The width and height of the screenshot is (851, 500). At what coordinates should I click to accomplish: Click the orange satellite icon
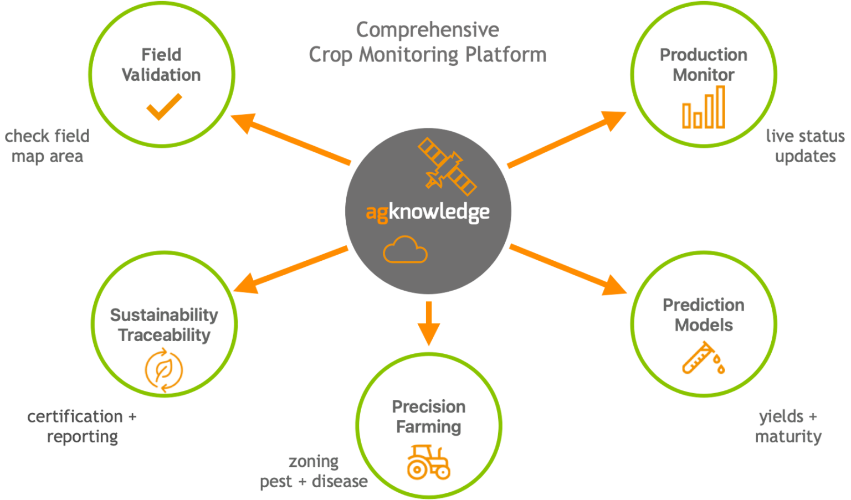[x=447, y=166]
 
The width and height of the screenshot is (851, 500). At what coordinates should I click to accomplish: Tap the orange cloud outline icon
[x=405, y=250]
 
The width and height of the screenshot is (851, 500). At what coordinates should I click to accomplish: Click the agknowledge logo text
[x=428, y=212]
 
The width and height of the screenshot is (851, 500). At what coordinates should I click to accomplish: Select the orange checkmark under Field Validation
[x=164, y=106]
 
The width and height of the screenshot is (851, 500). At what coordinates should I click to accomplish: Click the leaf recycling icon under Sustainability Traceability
[x=164, y=369]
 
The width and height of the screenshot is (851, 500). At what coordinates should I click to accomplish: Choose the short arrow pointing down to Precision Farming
[x=428, y=323]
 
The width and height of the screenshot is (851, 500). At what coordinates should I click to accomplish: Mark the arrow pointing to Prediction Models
[x=567, y=269]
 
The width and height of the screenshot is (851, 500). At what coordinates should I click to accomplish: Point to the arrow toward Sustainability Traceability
[x=291, y=270]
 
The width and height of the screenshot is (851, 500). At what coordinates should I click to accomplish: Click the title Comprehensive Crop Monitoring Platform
[x=427, y=42]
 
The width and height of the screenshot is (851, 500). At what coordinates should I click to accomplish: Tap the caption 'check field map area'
[x=47, y=146]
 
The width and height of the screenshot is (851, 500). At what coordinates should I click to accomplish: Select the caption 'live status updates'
[x=805, y=146]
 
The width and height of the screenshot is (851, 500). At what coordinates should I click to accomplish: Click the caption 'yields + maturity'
[x=788, y=426]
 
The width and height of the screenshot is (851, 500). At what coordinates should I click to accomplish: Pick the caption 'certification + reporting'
[x=82, y=426]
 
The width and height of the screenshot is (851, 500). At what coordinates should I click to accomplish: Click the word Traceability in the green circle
[x=165, y=335]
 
